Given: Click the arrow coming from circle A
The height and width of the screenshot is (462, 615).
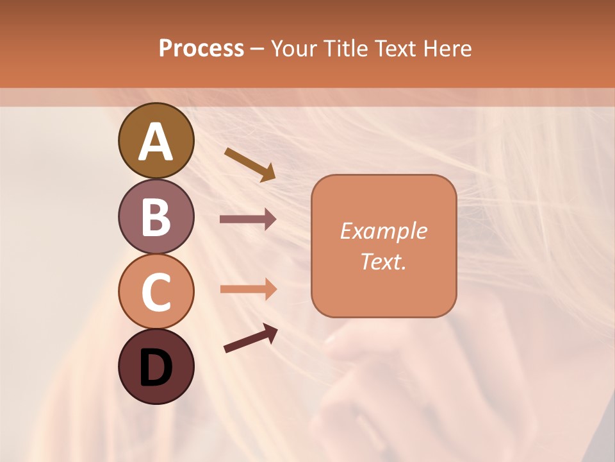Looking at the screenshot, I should tap(250, 164).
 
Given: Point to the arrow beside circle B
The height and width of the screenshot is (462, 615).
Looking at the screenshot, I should tap(248, 219).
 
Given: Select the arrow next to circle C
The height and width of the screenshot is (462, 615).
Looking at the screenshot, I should tap(248, 289).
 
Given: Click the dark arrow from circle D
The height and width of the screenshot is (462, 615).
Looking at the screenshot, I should tap(250, 338).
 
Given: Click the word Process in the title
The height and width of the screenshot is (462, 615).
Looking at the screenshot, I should tap(201, 48).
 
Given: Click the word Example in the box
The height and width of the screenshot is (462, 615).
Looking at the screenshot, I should tap(384, 231).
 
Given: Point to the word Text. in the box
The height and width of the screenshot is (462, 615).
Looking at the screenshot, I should tap(384, 261).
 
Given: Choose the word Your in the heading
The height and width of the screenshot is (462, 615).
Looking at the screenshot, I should tap(294, 48).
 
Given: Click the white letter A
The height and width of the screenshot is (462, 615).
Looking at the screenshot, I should tap(156, 142).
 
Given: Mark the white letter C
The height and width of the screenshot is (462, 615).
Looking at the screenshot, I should tap(156, 292).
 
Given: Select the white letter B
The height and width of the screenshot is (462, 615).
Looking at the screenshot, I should tap(156, 217).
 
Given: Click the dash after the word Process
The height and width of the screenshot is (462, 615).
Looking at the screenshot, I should tap(258, 49).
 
